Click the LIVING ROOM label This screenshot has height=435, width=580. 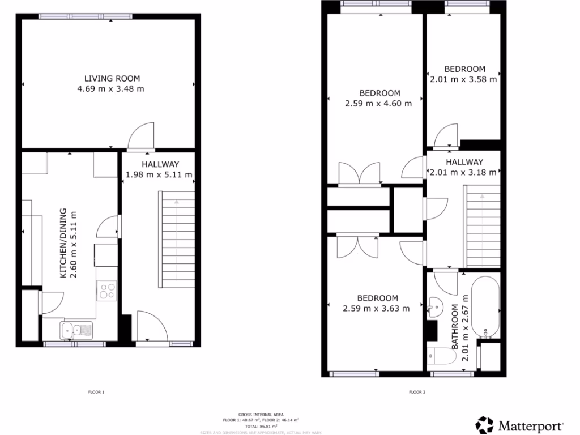pyautogui.click(x=112, y=78)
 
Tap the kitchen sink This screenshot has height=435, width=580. pyautogui.click(x=76, y=329)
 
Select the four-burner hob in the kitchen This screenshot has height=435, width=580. pyautogui.click(x=107, y=291)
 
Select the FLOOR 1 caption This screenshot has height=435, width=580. pyautogui.click(x=97, y=391)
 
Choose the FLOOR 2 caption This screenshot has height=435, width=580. pyautogui.click(x=417, y=391)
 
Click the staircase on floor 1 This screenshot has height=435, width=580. pyautogui.click(x=177, y=238)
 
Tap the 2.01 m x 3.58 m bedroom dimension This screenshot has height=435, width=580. pyautogui.click(x=463, y=79)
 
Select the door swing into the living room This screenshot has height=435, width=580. pyautogui.click(x=141, y=137)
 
